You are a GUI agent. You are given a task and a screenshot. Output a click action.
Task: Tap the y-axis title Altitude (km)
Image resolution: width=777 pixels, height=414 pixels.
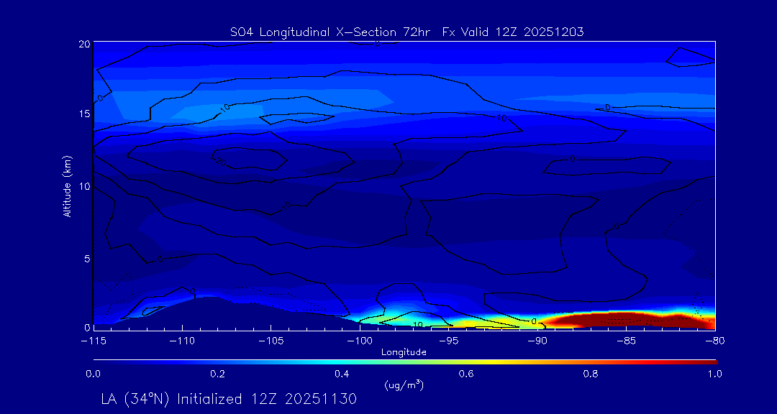click(x=67, y=185)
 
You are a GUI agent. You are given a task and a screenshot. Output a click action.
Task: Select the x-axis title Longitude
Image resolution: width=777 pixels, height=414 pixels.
click(x=404, y=352)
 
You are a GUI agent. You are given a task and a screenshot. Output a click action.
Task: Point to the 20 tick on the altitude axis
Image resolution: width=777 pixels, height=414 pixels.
click(x=84, y=44)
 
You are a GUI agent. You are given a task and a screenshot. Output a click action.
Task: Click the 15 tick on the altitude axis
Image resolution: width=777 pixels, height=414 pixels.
click(x=84, y=114)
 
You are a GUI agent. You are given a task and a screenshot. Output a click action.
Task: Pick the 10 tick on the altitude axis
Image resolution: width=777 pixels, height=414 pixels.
click(x=84, y=186)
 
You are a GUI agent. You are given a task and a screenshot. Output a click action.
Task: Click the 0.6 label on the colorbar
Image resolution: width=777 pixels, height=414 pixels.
click(x=466, y=374)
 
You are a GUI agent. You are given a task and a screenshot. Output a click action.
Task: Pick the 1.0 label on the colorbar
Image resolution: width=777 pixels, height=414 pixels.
click(x=714, y=374)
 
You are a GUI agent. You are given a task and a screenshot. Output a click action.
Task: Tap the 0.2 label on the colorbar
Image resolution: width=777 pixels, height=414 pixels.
click(x=217, y=374)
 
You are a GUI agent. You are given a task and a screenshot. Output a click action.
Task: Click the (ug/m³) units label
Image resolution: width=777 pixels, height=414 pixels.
click(x=404, y=386)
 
